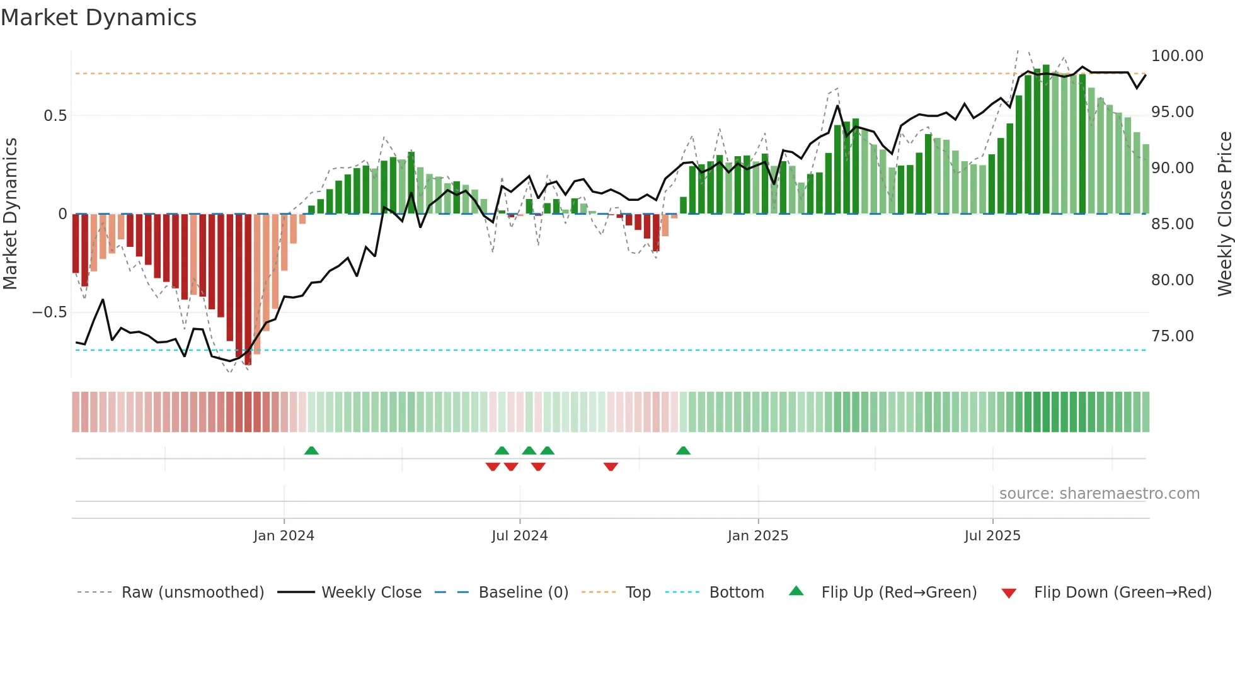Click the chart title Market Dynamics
click(x=99, y=18)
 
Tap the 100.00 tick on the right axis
click(x=1176, y=56)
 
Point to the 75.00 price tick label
click(x=1172, y=336)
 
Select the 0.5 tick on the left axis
click(x=55, y=116)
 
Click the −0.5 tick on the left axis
click(x=49, y=312)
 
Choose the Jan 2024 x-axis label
click(x=284, y=536)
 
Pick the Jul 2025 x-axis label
click(x=992, y=536)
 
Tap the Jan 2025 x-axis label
click(x=757, y=536)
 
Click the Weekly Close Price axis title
click(x=1224, y=214)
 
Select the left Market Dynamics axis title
click(x=10, y=214)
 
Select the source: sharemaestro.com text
click(x=1099, y=494)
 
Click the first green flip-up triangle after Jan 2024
click(x=311, y=450)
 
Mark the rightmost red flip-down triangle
click(x=611, y=467)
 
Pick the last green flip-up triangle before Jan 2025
click(x=683, y=450)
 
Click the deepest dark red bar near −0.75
click(x=248, y=290)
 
